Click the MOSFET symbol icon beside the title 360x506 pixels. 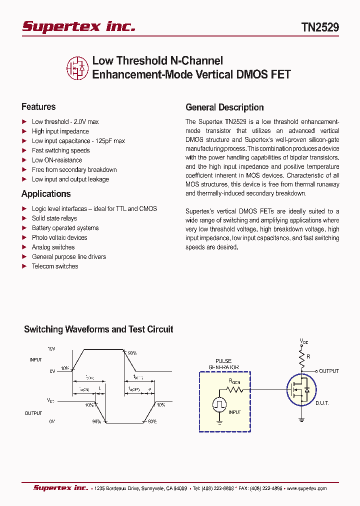(x=77, y=68)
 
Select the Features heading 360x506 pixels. (x=38, y=106)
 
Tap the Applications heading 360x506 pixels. (x=46, y=194)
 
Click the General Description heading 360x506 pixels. (x=224, y=107)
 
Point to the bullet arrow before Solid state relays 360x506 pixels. (x=24, y=218)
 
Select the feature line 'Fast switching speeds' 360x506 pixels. (x=60, y=150)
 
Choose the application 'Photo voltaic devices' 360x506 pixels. (x=59, y=237)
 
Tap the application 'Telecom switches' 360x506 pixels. (x=55, y=266)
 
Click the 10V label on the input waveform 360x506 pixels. (x=51, y=348)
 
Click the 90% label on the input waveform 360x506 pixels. (x=132, y=353)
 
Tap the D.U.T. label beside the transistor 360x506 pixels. (x=322, y=403)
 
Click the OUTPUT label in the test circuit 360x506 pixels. (x=329, y=371)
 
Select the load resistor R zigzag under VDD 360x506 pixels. (x=302, y=358)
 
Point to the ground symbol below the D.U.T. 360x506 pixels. (x=302, y=419)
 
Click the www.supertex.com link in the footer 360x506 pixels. (x=306, y=488)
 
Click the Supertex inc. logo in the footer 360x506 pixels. (x=60, y=488)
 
